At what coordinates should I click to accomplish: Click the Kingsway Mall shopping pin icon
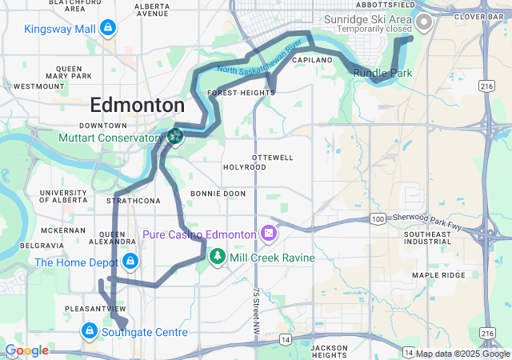tap(107, 30)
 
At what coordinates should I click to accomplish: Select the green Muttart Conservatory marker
tap(174, 137)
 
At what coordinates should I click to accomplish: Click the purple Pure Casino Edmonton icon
tap(268, 234)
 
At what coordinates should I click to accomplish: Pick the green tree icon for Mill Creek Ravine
tap(217, 258)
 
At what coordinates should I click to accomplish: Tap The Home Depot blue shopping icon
tap(129, 262)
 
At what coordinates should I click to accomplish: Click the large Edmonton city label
tap(137, 105)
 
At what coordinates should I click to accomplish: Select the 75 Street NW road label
tap(258, 305)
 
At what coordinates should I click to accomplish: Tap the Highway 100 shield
tap(378, 218)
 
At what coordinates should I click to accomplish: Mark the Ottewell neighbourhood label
tap(272, 157)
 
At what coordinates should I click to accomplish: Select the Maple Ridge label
tap(438, 275)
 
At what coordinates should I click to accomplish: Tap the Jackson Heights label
tap(329, 351)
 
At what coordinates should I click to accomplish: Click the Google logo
tap(27, 350)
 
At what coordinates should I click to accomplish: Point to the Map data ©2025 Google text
tap(462, 354)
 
